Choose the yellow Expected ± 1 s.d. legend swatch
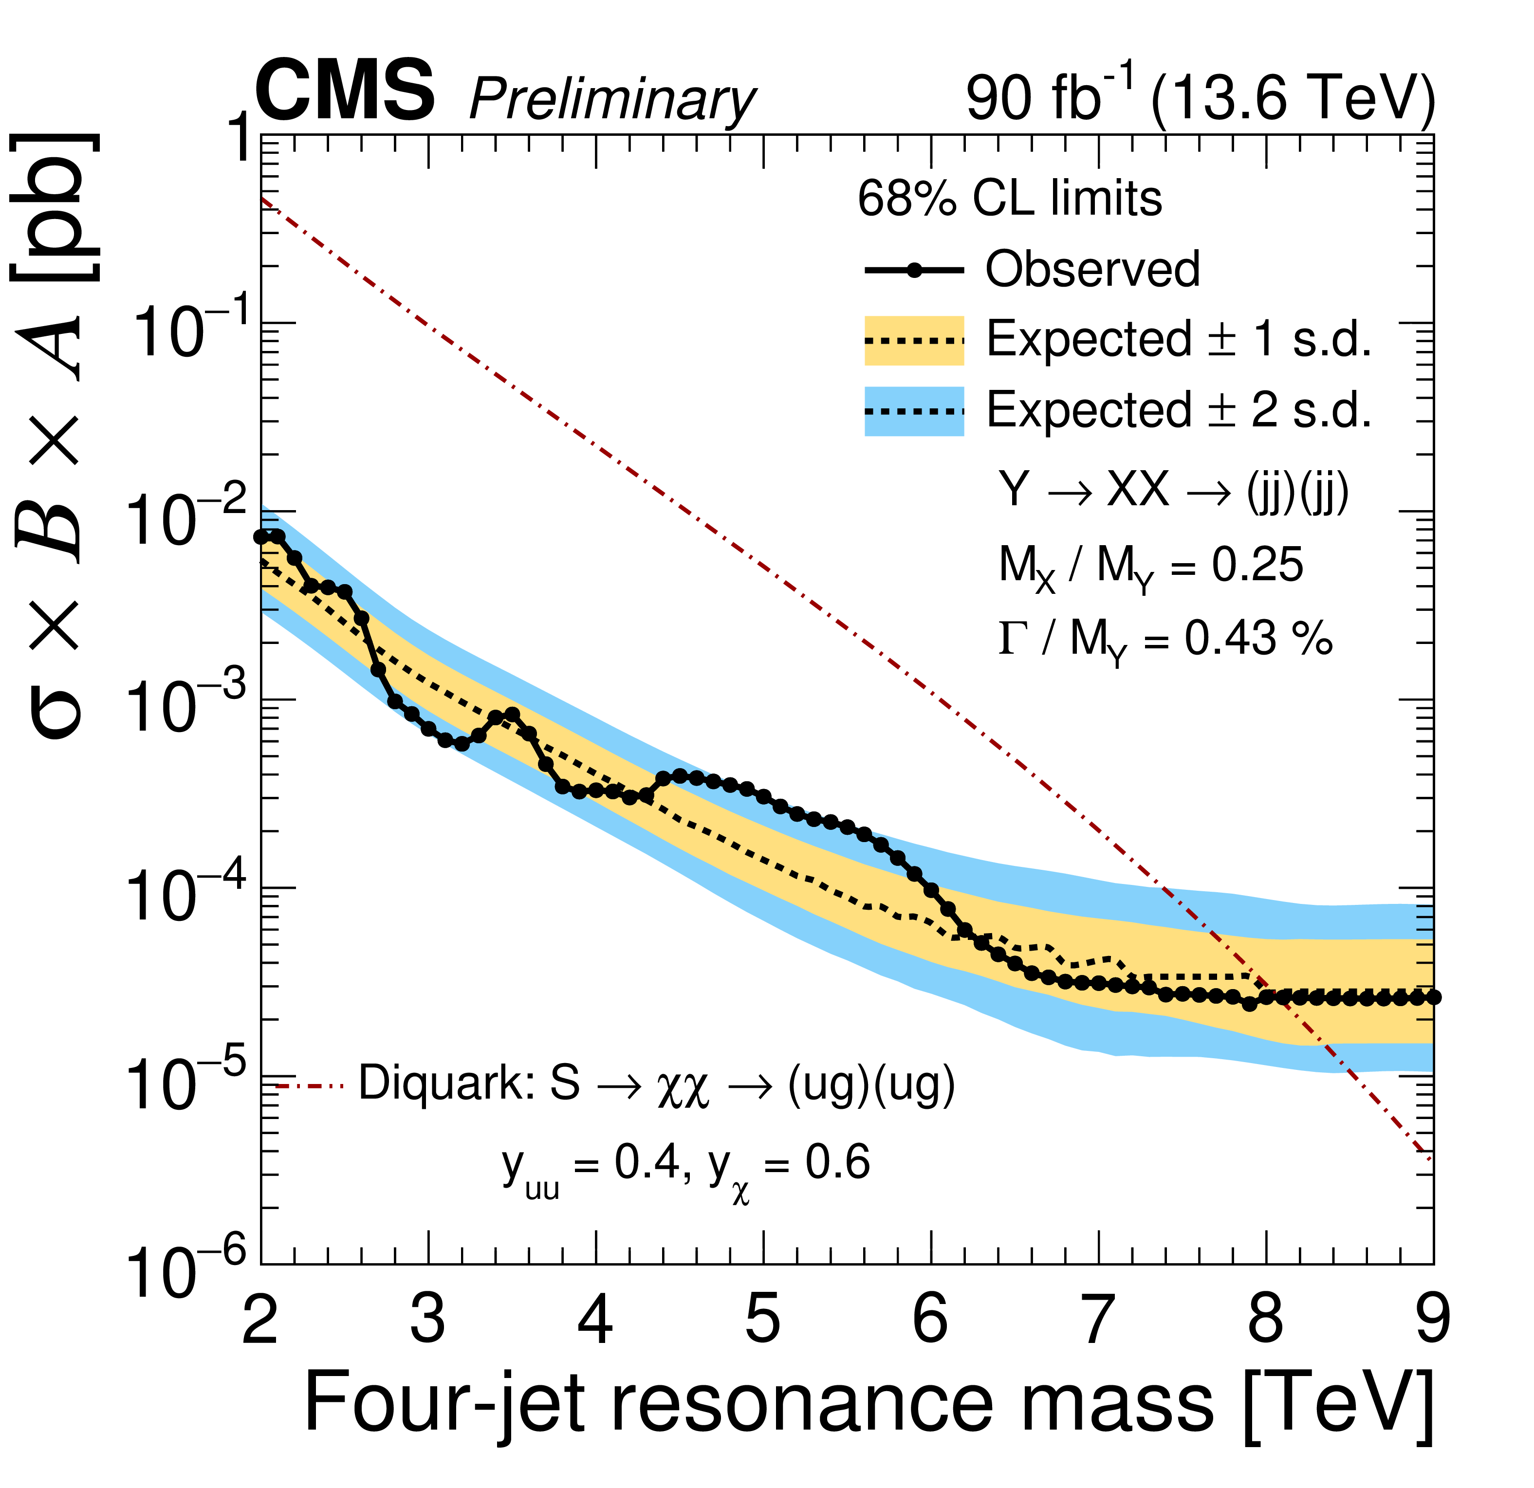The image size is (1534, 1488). pyautogui.click(x=913, y=340)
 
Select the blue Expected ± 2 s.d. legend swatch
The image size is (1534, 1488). pyautogui.click(x=913, y=411)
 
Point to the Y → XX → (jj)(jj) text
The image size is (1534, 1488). pyautogui.click(x=1173, y=491)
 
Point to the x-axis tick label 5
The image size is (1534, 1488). pyautogui.click(x=763, y=1320)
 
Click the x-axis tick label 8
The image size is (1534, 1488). pyautogui.click(x=1266, y=1320)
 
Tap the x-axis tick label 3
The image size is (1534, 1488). pyautogui.click(x=428, y=1320)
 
